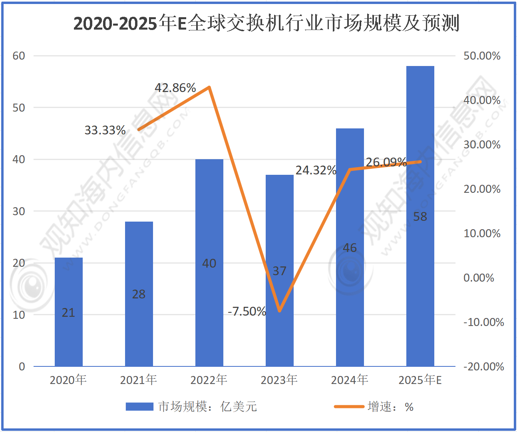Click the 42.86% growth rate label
point(175,88)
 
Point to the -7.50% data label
point(247,311)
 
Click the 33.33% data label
point(105,130)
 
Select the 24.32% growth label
point(316,170)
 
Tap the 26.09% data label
point(386,162)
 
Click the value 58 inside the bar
point(420,217)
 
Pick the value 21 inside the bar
point(68,312)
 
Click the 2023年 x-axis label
point(279,380)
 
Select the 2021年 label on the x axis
point(139,380)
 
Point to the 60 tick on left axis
point(19,56)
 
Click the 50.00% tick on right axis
point(482,56)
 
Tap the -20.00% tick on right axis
point(483,366)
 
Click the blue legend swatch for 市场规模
point(139,407)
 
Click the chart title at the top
point(266,23)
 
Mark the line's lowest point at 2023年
point(280,311)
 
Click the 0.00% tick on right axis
point(479,278)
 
